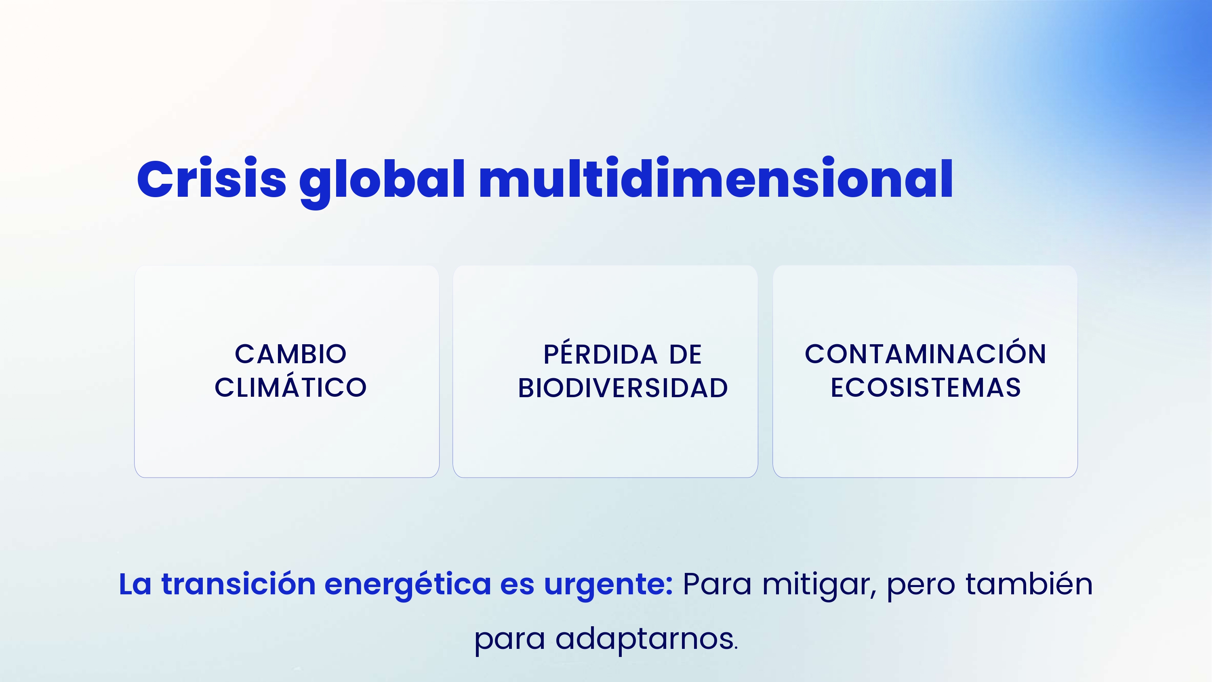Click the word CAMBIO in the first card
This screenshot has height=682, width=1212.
point(291,354)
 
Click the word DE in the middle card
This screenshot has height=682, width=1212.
point(686,354)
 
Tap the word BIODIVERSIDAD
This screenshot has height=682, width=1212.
point(623,388)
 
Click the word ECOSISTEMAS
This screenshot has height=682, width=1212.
point(926,387)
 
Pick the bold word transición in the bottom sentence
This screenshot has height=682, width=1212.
point(238,584)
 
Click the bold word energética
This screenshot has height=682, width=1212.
point(408,586)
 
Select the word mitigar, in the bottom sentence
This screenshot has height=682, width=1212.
point(819,586)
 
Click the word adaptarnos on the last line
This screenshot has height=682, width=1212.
point(646,640)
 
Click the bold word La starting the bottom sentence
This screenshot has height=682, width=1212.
point(135,584)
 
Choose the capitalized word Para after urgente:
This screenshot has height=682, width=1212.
point(717,584)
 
